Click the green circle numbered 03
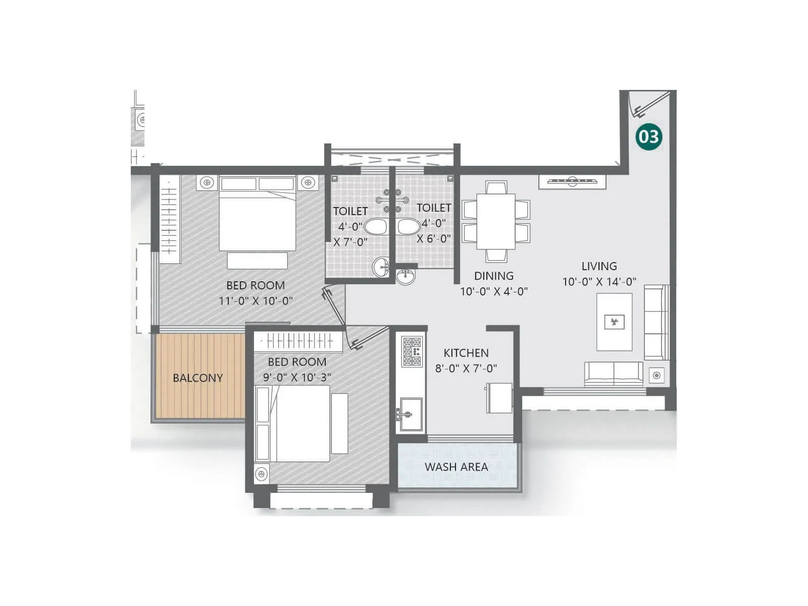(648, 136)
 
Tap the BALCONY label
(197, 378)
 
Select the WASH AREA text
(456, 467)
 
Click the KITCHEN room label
(466, 353)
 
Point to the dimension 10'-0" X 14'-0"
(599, 282)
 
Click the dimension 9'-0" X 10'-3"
(297, 377)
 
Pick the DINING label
(493, 276)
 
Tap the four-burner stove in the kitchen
(412, 351)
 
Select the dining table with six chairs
(496, 221)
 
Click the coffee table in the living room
(614, 322)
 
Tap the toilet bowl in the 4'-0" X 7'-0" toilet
(375, 227)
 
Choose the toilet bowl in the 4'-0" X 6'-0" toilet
(409, 227)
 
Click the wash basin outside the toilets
(405, 277)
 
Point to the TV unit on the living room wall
(572, 181)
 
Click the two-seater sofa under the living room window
(614, 374)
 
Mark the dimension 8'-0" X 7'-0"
(466, 369)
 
